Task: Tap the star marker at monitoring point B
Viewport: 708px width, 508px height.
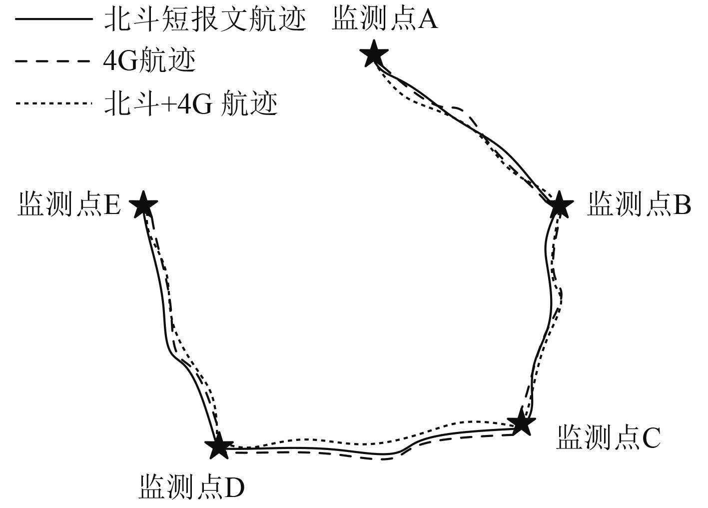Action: [559, 204]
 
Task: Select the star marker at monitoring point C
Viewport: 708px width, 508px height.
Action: [521, 422]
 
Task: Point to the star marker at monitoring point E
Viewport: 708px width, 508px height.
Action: [144, 204]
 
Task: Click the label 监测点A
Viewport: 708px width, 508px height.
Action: [385, 20]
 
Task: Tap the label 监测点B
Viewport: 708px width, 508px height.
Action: [639, 204]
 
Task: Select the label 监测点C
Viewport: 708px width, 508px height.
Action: [608, 437]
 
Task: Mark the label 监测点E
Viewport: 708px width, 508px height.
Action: [69, 204]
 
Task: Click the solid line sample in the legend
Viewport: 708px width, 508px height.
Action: [54, 19]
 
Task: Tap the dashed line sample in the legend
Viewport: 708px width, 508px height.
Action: [54, 61]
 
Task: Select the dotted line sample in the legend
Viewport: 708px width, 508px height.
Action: [54, 103]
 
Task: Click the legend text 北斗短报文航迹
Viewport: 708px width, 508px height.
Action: [205, 20]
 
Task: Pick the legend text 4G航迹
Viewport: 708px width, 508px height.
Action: [149, 61]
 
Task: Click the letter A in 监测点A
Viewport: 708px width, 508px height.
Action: [428, 20]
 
